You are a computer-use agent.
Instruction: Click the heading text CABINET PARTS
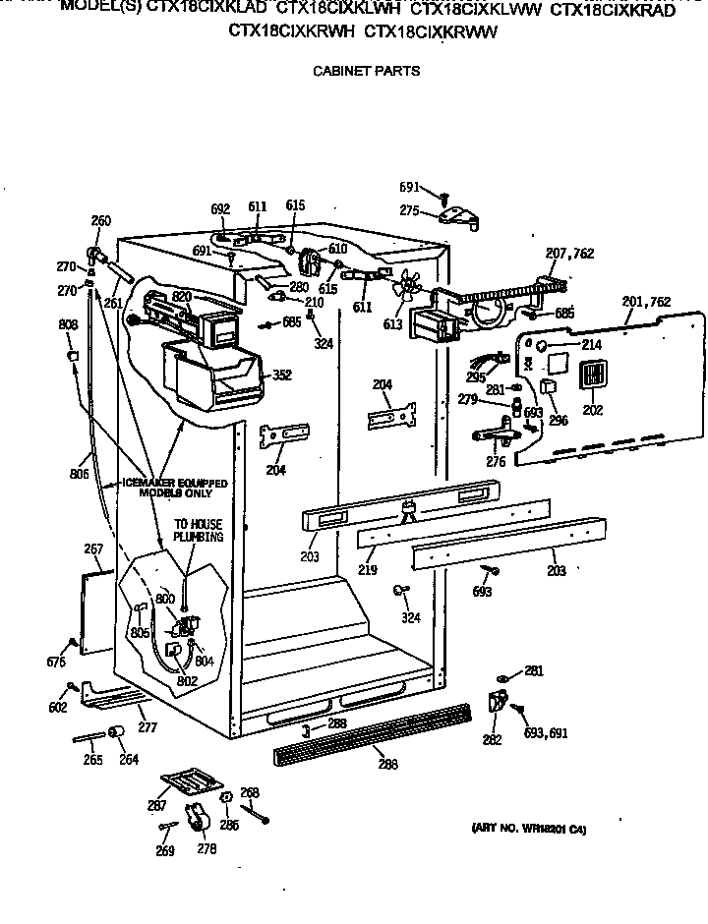click(x=365, y=70)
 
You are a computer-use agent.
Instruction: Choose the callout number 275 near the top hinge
click(x=409, y=210)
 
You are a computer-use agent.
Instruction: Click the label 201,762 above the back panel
click(x=647, y=301)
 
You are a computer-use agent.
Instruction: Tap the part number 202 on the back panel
click(x=592, y=410)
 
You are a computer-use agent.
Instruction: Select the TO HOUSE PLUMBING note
click(x=199, y=531)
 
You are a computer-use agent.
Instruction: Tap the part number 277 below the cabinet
click(x=147, y=728)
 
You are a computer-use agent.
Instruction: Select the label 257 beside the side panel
click(x=93, y=549)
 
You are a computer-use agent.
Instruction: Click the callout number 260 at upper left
click(x=101, y=220)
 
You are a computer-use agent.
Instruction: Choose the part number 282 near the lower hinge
click(x=492, y=740)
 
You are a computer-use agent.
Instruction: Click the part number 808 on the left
click(x=68, y=324)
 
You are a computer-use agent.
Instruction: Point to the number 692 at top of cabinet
click(x=220, y=208)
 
